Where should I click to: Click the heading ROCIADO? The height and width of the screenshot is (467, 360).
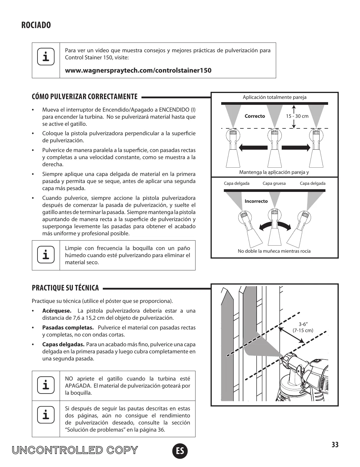click(x=36, y=25)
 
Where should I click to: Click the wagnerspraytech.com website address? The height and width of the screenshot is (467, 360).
click(x=138, y=71)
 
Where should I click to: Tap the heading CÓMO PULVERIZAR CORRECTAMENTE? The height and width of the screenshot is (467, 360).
click(x=85, y=97)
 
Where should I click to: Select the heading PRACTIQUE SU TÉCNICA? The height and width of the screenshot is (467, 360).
click(x=65, y=288)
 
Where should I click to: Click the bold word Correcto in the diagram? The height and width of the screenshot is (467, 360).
click(x=255, y=116)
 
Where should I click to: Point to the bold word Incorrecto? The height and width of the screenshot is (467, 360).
click(x=256, y=201)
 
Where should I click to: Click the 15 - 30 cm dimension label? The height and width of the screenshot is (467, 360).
click(x=297, y=116)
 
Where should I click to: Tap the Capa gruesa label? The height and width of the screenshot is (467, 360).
click(x=274, y=183)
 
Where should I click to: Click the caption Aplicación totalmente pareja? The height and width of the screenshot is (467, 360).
click(x=274, y=97)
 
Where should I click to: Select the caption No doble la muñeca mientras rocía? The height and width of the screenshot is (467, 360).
click(x=274, y=251)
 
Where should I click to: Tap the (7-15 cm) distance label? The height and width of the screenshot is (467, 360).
click(x=303, y=330)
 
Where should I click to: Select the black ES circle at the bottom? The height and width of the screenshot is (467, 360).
click(x=180, y=451)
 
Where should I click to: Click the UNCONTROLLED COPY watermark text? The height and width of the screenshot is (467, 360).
click(x=75, y=450)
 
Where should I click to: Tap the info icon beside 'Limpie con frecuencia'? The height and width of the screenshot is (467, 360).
click(x=46, y=255)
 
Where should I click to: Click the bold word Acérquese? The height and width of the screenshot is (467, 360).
click(x=57, y=311)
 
